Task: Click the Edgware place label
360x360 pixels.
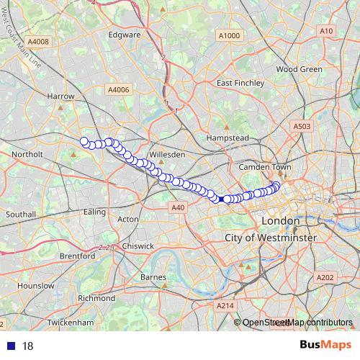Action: point(124,34)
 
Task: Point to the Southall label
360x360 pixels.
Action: point(21,215)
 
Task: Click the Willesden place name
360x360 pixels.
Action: point(167,154)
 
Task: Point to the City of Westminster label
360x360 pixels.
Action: point(270,237)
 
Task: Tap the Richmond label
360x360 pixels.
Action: point(96,297)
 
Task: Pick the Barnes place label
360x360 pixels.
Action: point(154,277)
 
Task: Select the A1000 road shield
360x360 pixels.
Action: point(228,35)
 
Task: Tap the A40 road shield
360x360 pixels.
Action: point(179,207)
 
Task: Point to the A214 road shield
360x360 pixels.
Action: point(225,306)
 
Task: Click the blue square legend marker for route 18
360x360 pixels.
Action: point(11,346)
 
